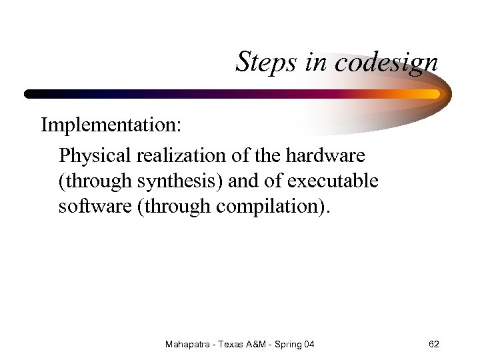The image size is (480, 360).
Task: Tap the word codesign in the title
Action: click(387, 63)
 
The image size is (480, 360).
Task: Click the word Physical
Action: click(95, 155)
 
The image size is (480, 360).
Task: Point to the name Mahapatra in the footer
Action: click(187, 344)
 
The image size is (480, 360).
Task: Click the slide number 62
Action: click(433, 344)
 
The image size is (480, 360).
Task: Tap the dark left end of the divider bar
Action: click(33, 94)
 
